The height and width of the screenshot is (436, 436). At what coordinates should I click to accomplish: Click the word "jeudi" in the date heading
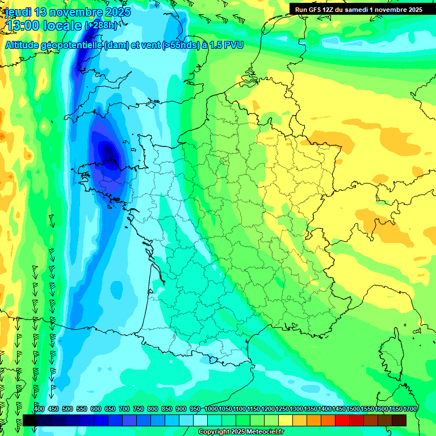click(x=18, y=12)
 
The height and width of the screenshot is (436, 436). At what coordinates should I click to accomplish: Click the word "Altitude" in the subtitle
click(x=25, y=45)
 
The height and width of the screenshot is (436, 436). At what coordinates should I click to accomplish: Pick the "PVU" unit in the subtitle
click(x=233, y=45)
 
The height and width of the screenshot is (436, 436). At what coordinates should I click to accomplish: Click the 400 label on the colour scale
click(x=39, y=409)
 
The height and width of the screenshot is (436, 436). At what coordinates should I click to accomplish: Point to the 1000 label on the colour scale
click(x=211, y=409)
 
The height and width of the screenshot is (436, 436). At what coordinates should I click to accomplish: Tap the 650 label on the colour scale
click(x=110, y=409)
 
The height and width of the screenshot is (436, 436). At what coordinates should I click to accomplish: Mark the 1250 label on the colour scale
click(x=282, y=409)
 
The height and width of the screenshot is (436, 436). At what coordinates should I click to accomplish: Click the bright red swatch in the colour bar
click(x=342, y=420)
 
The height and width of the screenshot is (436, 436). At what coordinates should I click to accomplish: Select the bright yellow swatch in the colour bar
click(x=285, y=420)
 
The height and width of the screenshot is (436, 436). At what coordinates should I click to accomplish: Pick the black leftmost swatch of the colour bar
click(x=30, y=420)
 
